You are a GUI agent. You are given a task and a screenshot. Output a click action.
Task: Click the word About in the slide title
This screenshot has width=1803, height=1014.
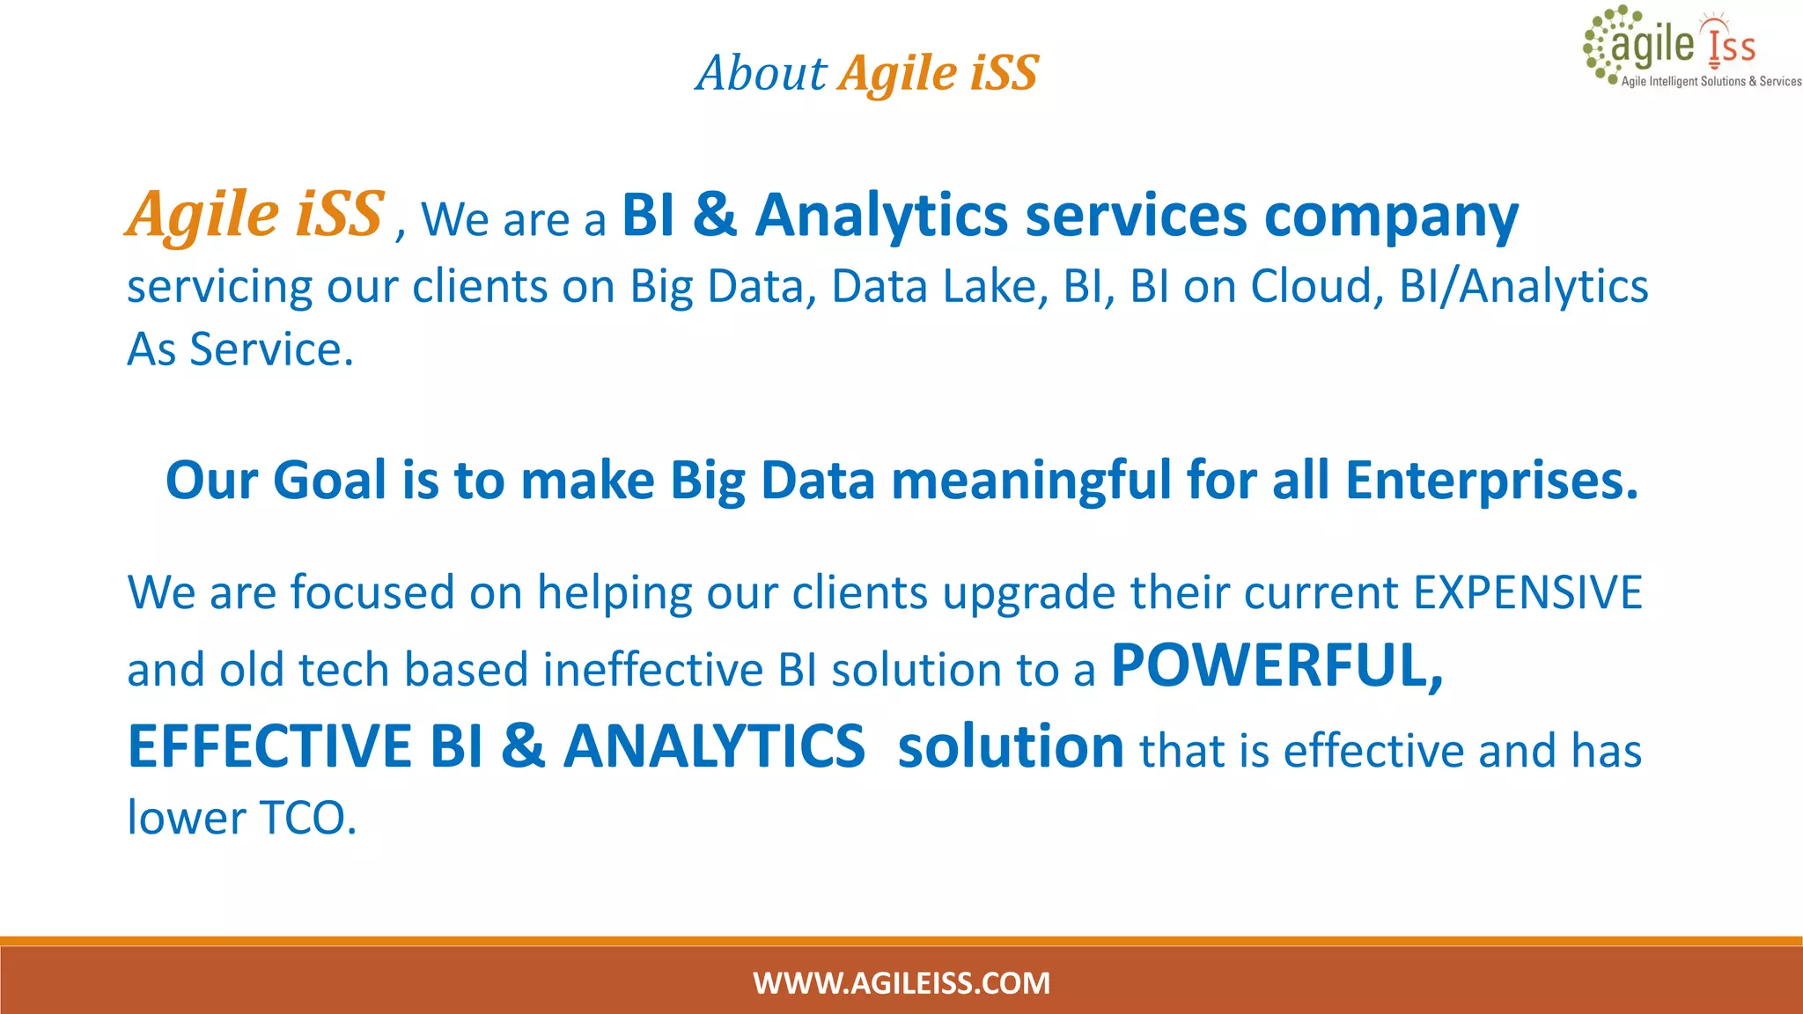[762, 73]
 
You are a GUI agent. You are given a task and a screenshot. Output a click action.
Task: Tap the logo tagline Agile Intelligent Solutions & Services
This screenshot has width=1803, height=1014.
[1711, 82]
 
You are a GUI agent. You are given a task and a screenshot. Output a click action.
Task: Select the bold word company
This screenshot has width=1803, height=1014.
[1391, 217]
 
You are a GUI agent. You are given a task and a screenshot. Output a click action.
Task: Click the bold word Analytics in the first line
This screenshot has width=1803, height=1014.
[881, 215]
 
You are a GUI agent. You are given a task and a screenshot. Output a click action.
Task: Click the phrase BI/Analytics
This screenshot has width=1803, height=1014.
[1523, 287]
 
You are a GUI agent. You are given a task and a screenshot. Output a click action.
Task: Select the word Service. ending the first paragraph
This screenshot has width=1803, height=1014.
[271, 349]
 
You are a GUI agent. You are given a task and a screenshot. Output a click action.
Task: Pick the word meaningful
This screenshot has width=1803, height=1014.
[1031, 481]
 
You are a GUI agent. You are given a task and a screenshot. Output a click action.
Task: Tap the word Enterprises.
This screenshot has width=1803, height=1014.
[1491, 481]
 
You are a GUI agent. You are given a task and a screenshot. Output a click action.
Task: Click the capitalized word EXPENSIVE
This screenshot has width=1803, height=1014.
[1527, 592]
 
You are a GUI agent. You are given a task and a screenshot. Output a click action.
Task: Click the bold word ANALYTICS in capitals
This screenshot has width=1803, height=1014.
[714, 746]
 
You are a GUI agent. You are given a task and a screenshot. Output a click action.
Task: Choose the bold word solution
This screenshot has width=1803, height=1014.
[1010, 746]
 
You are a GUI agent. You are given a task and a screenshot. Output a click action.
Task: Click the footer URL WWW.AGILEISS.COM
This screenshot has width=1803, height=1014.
[901, 982]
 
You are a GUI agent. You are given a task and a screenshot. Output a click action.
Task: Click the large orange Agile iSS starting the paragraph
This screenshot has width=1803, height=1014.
[254, 215]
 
